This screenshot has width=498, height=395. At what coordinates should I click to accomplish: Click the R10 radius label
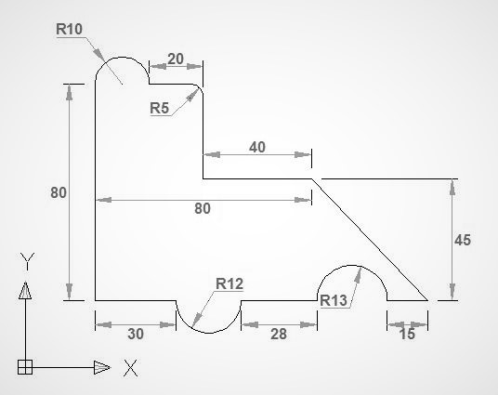point(70,29)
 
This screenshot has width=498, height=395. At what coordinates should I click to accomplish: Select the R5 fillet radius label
point(159,108)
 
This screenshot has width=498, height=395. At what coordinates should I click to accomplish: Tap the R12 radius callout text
point(229,283)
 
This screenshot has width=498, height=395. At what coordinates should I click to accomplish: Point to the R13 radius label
point(333,299)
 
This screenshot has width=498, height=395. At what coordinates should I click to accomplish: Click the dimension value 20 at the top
point(175,59)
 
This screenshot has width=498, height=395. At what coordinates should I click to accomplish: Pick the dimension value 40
point(256,147)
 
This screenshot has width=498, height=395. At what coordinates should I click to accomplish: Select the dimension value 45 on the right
point(462,240)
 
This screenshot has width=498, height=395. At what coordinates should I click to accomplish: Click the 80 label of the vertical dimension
point(59,192)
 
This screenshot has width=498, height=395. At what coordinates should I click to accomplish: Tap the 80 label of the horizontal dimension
point(202,209)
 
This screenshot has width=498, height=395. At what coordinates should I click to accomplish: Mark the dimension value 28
point(278,334)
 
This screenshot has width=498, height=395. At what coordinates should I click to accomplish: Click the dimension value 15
point(407,334)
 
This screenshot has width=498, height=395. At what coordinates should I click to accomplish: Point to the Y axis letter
point(28,258)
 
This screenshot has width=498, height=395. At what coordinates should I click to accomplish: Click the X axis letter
point(130,368)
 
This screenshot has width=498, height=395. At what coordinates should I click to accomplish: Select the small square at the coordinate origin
point(25,367)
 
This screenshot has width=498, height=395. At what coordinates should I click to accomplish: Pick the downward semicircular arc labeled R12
point(208,332)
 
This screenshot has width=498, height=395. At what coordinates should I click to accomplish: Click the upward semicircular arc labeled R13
point(353,265)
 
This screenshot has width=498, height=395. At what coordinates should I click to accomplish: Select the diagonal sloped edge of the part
point(370,240)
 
